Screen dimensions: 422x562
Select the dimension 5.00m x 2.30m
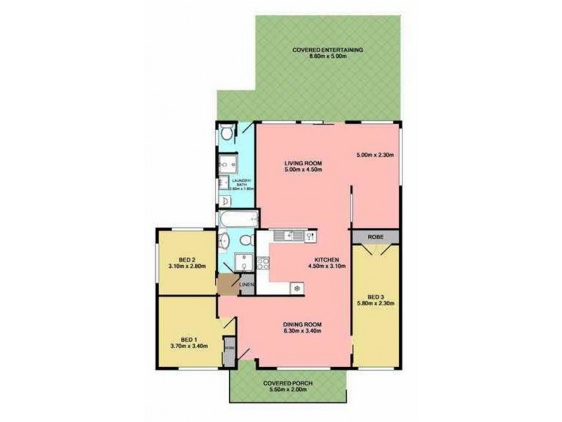(x=377, y=155)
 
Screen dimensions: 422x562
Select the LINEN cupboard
(x=246, y=284)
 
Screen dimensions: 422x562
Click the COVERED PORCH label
(x=288, y=384)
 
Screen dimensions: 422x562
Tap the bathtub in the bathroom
(x=236, y=220)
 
